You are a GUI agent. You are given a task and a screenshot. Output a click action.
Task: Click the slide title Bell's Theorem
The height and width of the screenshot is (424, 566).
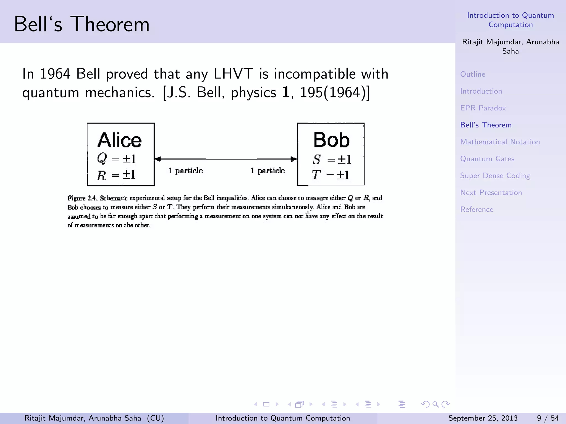pos(82,24)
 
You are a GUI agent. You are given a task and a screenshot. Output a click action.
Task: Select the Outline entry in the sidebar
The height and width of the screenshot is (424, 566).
pos(473,74)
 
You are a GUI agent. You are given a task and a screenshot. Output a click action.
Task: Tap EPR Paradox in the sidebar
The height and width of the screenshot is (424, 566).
pos(483,108)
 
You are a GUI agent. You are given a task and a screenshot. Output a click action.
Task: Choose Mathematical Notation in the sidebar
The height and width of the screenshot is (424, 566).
pos(500,142)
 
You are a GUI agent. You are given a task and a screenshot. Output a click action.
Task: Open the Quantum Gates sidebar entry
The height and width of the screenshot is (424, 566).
pos(487,159)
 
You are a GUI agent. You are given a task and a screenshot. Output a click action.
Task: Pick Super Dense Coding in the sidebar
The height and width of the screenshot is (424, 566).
pos(495,176)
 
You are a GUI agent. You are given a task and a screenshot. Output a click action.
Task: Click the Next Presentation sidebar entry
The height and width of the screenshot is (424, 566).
pos(491,192)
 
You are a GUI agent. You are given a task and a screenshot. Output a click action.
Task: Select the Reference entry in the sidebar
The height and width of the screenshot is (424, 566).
pos(476,210)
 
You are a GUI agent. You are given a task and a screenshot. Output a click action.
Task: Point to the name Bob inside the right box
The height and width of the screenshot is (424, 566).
pos(331,140)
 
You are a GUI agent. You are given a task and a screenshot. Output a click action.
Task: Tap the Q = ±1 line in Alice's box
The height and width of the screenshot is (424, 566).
pos(116,159)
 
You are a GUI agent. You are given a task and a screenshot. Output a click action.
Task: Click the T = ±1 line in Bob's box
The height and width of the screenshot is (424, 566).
pos(331,175)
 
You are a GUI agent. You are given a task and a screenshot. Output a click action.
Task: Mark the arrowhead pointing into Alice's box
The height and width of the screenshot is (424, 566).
pos(158,159)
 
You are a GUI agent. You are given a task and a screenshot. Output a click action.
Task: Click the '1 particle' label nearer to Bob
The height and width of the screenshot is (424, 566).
pos(267,171)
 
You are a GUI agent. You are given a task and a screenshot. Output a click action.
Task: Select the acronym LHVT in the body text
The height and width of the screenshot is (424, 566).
pos(233,74)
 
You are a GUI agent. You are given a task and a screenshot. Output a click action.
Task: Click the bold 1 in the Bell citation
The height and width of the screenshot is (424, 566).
pos(285,92)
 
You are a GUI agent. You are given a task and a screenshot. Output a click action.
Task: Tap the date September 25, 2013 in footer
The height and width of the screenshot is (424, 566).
pos(483,418)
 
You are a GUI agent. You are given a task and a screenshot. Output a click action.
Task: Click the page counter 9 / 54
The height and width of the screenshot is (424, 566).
pos(547,418)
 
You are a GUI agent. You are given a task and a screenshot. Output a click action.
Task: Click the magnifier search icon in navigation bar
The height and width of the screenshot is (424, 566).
pos(436,404)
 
